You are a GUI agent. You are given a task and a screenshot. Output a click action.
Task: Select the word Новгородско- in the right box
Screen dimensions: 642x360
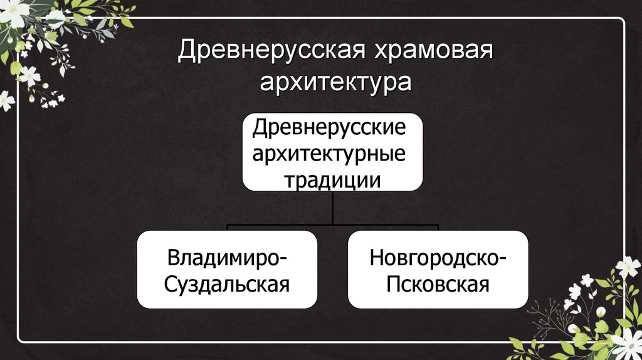(438, 258)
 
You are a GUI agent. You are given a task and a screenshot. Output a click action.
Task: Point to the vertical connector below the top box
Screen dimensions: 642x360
(333, 207)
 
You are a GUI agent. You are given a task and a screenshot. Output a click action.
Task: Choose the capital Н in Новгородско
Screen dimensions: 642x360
(376, 258)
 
